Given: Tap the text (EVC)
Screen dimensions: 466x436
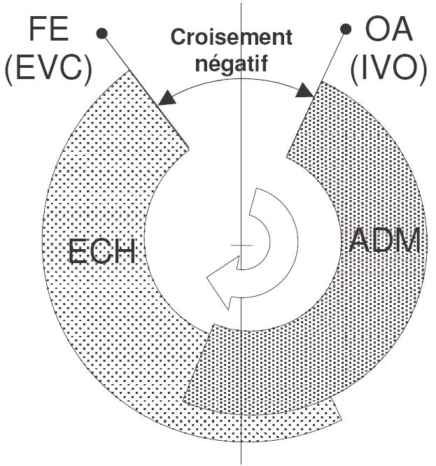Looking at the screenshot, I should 48,71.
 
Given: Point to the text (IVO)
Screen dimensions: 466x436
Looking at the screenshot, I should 388,71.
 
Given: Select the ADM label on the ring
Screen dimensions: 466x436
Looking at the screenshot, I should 384,242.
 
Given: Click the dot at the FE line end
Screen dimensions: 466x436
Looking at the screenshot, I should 101,32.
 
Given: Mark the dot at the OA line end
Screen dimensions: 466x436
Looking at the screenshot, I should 345,29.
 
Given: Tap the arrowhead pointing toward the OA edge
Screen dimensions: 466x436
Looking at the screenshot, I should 304,91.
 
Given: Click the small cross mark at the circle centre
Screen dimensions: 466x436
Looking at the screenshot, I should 241,246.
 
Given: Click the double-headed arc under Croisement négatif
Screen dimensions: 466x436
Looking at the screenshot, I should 234,78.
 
